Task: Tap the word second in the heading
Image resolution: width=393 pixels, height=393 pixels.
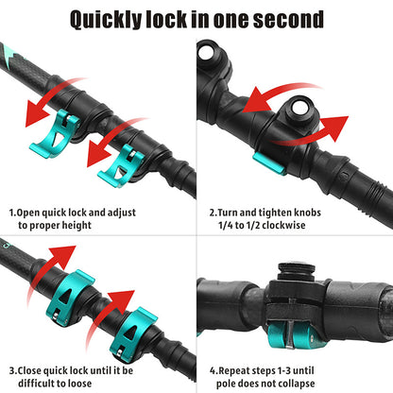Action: tap(282, 19)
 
